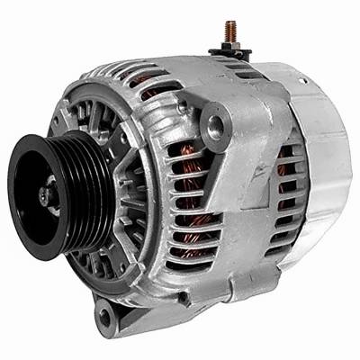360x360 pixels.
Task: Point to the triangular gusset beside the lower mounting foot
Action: click(135, 301)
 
